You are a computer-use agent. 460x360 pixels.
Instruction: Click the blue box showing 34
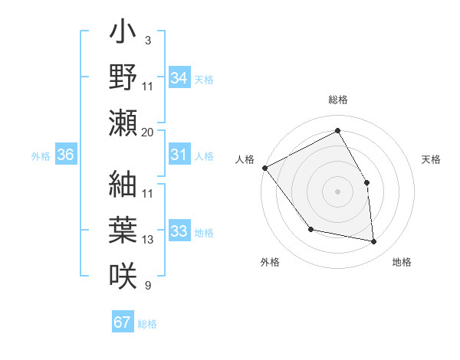[179, 78]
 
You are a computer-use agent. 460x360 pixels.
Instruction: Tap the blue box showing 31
[179, 155]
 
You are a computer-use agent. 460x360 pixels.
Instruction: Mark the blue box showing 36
[66, 155]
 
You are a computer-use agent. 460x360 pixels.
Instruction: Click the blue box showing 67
[123, 322]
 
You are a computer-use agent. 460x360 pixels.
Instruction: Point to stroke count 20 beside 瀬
[148, 132]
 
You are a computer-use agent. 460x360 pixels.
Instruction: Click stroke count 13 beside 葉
[148, 240]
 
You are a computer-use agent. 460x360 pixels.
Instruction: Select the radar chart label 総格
[337, 100]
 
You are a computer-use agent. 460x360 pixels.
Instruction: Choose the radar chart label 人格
[245, 159]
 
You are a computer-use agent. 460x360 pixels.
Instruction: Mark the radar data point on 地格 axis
[373, 241]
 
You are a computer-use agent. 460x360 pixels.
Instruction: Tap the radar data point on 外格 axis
[310, 229]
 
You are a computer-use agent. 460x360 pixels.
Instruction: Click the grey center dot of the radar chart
[337, 191]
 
